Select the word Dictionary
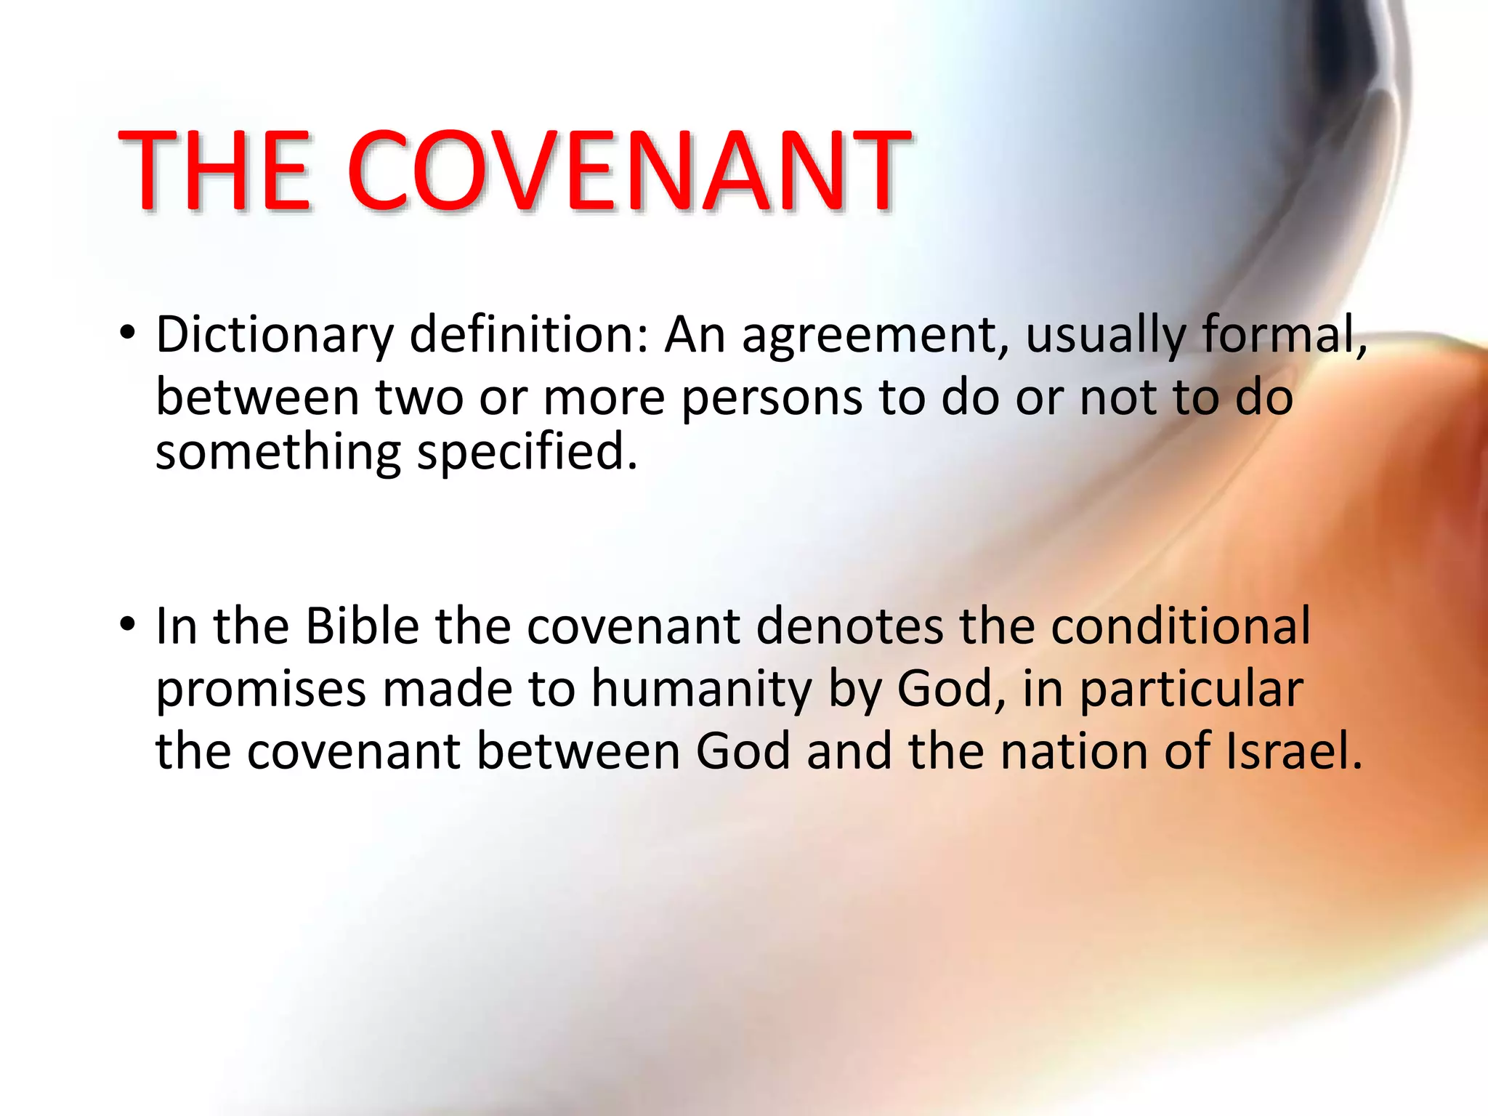click(x=274, y=336)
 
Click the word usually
click(x=1104, y=337)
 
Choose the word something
click(x=278, y=453)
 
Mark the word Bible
click(x=362, y=626)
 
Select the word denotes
click(x=849, y=626)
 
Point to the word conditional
click(x=1181, y=626)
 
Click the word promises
click(x=261, y=690)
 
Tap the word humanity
click(x=701, y=690)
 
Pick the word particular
click(x=1191, y=690)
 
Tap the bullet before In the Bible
click(x=128, y=624)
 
